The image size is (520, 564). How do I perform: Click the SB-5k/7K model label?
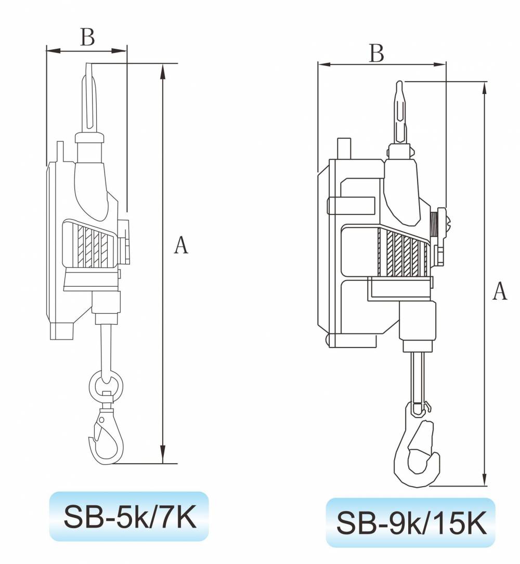click(x=129, y=517)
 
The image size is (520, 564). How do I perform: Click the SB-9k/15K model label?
click(x=411, y=522)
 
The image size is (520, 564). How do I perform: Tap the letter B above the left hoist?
click(x=87, y=37)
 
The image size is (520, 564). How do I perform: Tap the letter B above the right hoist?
click(x=376, y=53)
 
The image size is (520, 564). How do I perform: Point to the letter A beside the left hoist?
click(x=181, y=245)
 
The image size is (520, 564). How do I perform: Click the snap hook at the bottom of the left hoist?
click(x=106, y=435)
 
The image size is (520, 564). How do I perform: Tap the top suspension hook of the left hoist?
click(x=89, y=98)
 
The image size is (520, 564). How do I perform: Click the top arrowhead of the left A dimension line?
click(x=163, y=72)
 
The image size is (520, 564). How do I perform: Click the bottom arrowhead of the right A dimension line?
click(x=485, y=478)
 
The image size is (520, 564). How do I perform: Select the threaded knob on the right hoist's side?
click(x=440, y=225)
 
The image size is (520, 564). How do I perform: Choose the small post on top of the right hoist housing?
click(x=344, y=149)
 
